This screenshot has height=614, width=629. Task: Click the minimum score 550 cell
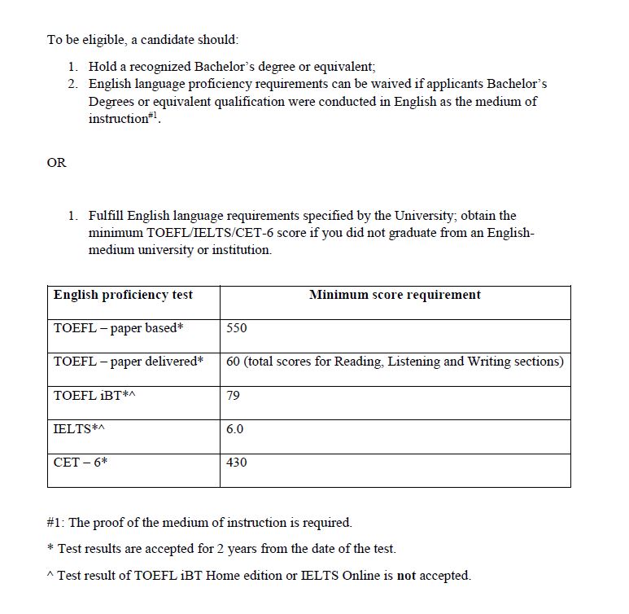click(x=237, y=328)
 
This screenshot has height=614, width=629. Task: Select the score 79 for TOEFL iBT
click(x=234, y=395)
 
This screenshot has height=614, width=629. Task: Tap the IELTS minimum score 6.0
click(x=235, y=428)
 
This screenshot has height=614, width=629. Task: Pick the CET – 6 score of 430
click(x=237, y=463)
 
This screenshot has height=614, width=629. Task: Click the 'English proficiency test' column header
click(x=123, y=295)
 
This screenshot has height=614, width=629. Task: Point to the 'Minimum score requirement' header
click(x=395, y=295)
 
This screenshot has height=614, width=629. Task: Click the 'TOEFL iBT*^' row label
click(x=89, y=395)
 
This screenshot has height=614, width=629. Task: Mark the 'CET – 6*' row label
click(x=81, y=463)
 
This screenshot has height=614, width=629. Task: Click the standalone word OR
click(x=57, y=163)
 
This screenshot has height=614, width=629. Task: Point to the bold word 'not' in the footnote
click(x=406, y=575)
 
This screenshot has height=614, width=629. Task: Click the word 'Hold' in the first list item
click(x=103, y=67)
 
